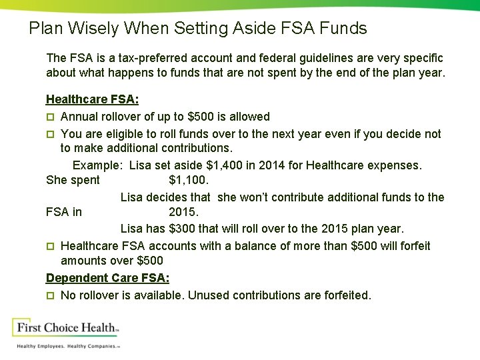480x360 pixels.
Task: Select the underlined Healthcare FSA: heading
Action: [92, 99]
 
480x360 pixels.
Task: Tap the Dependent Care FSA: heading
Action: [107, 278]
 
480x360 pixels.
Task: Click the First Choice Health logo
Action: [65, 328]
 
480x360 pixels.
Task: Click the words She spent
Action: [73, 180]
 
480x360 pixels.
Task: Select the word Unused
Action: [208, 295]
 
